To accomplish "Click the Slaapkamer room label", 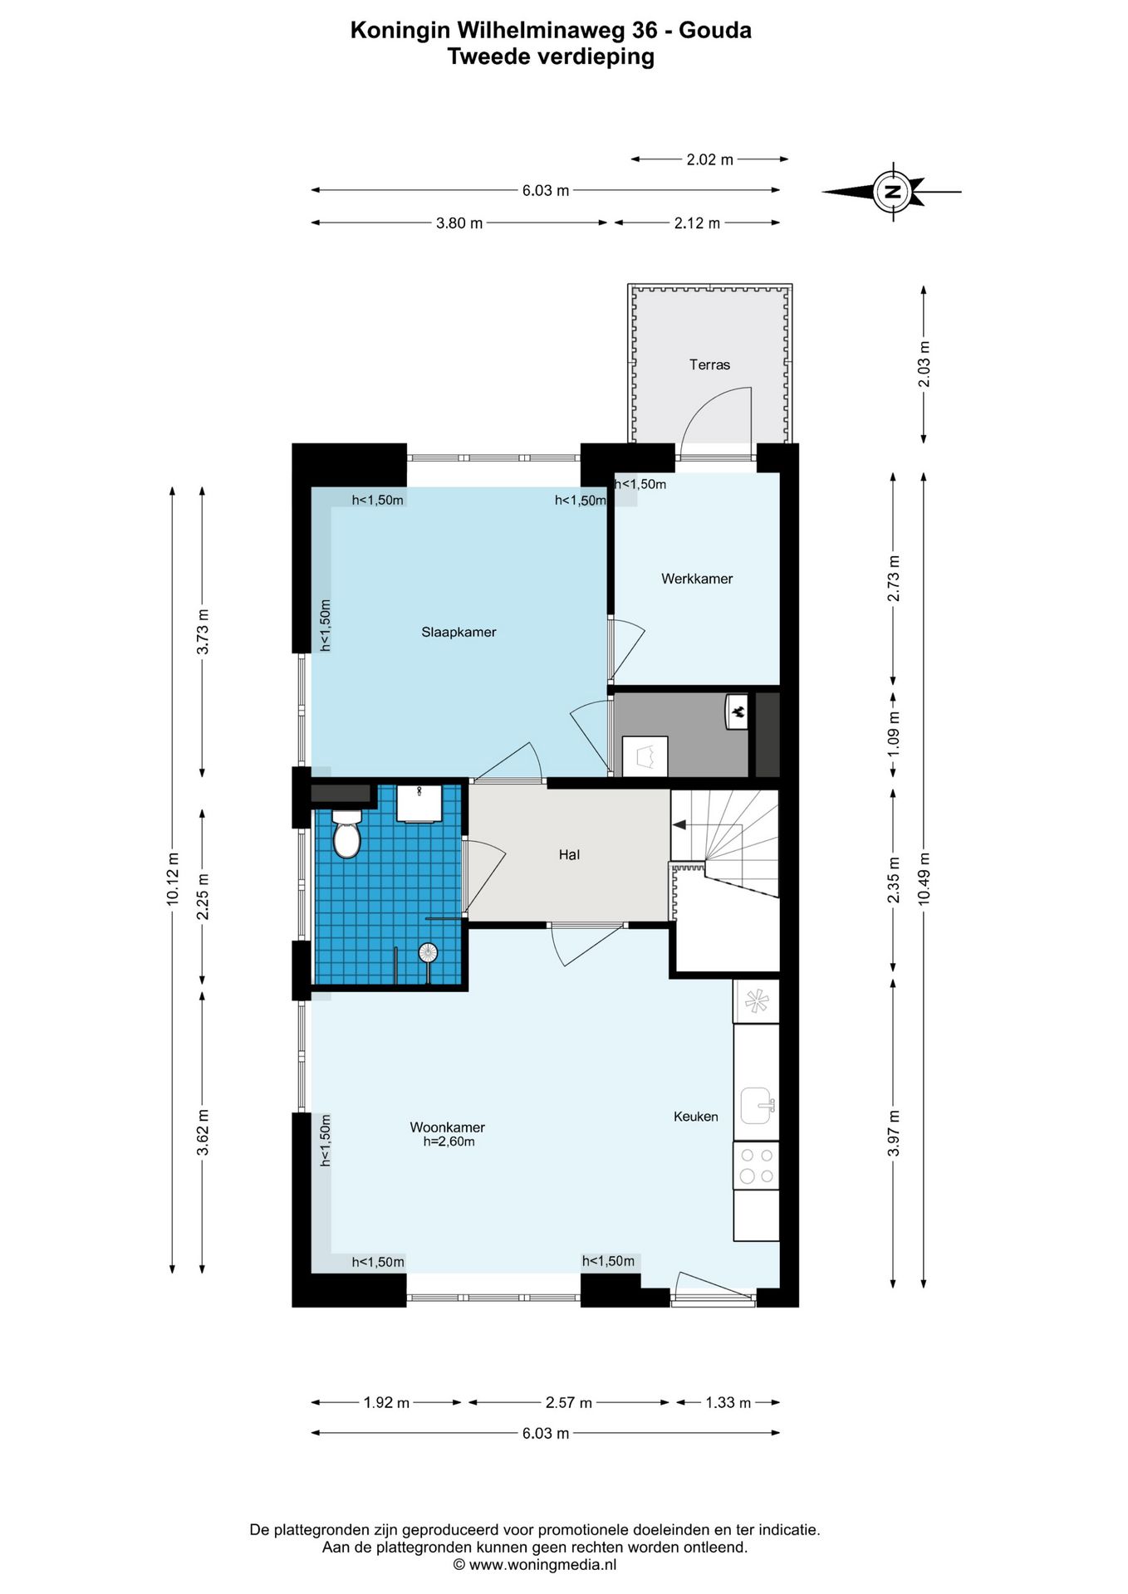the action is point(459,632).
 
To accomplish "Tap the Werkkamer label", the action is point(697,579).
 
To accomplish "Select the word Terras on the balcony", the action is point(709,364).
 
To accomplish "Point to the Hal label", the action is point(569,854).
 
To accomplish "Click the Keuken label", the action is point(696,1117).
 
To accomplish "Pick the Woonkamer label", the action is point(447,1127).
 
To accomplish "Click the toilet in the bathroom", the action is point(346,834).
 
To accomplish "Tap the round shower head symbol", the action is point(428,952).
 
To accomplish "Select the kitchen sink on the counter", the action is point(758,1106).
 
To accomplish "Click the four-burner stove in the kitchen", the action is point(756,1165).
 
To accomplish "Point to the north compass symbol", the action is point(892,191).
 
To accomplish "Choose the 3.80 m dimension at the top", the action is point(459,223).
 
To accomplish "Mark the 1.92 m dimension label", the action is point(386,1403).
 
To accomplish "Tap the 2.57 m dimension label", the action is point(569,1403).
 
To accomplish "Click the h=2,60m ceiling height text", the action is point(449,1142).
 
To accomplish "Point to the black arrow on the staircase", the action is point(679,824).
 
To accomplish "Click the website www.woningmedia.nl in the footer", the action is point(535,1565).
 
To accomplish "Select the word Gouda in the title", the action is point(715,31).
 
